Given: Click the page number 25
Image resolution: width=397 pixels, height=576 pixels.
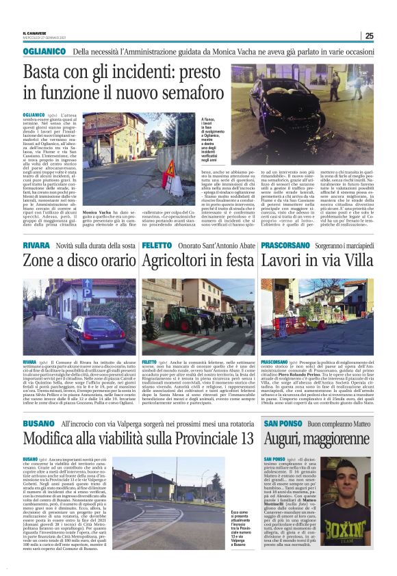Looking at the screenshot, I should (x=369, y=36).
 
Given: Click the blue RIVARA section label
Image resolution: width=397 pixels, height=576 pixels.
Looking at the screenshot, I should (x=36, y=244).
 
